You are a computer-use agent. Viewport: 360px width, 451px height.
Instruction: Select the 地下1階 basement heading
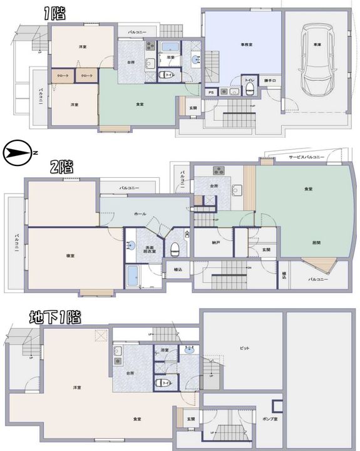point(56,317)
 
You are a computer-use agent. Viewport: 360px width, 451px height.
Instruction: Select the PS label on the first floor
point(212,91)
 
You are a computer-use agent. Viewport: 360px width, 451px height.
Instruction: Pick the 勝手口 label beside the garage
point(269,81)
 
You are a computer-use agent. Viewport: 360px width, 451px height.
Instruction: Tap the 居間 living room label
point(299,242)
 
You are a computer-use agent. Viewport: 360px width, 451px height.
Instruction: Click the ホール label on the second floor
point(140,214)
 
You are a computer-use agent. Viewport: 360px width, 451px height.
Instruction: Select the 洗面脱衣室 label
point(150,249)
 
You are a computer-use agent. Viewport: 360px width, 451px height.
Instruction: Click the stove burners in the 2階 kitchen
point(219,170)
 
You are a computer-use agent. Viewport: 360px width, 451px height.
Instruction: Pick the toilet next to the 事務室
point(249,90)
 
